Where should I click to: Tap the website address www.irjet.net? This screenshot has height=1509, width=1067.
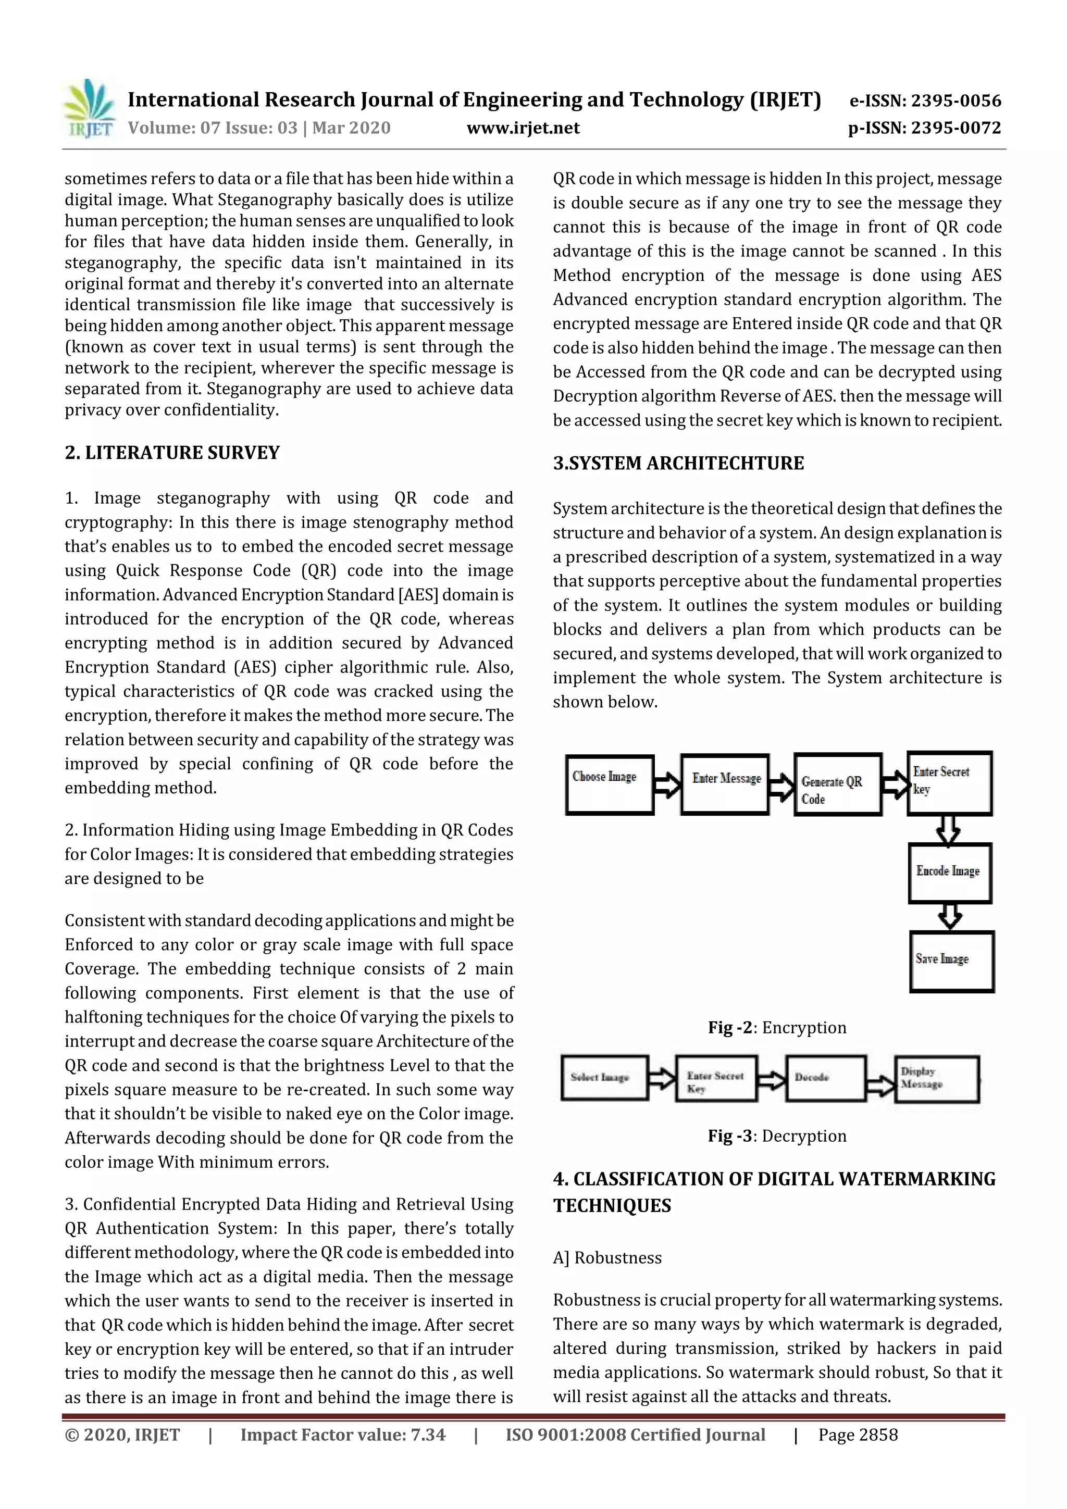coord(523,128)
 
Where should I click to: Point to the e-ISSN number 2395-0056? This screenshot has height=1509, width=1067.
coord(925,101)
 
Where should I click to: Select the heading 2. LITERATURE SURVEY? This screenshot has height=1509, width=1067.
coord(172,452)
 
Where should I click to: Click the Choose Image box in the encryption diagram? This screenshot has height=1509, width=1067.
coord(610,785)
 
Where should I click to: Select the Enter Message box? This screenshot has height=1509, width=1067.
coord(725,785)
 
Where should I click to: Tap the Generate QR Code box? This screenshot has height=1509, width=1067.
coord(838,785)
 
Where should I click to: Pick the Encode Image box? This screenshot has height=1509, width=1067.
coord(949,873)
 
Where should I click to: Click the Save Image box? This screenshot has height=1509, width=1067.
coord(951,961)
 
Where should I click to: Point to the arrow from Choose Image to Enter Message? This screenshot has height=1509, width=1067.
coord(667,785)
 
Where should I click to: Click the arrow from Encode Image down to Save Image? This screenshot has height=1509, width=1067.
coord(949,916)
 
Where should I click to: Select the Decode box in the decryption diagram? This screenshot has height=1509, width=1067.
coord(826,1078)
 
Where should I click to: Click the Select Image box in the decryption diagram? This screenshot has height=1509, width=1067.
coord(604,1078)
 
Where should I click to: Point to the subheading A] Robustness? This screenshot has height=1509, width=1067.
coord(607,1257)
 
